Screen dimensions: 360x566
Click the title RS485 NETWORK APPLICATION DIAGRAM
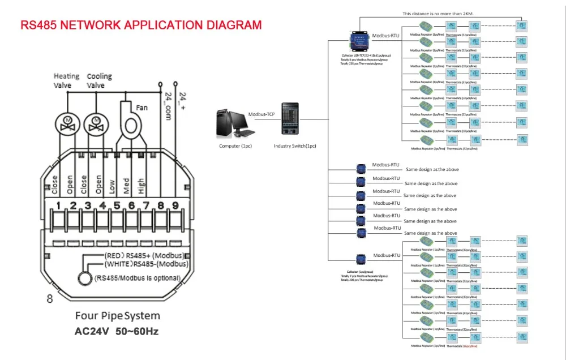(x=141, y=25)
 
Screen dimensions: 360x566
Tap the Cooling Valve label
(x=99, y=80)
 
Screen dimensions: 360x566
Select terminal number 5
(x=117, y=205)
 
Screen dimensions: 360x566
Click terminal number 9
(x=175, y=205)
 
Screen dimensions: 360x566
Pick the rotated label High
(x=140, y=186)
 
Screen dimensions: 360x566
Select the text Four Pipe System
(x=118, y=316)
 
